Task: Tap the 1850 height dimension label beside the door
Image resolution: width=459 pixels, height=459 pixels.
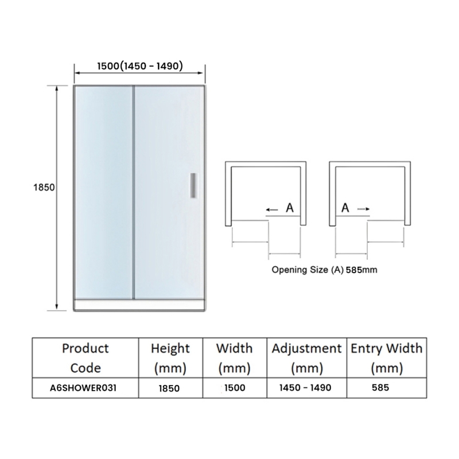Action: tap(44, 188)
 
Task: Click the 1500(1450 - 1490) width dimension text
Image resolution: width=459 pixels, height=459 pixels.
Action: tap(140, 66)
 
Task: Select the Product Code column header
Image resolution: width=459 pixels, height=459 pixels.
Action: tap(85, 358)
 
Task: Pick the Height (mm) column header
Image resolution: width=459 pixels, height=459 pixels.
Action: tap(170, 358)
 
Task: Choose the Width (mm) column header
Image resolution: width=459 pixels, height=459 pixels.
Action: tap(235, 358)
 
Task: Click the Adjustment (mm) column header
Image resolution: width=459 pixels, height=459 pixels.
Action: tap(307, 358)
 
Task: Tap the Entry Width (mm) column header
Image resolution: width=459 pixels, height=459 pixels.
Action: tap(387, 358)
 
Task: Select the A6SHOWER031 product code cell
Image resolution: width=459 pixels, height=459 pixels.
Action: tap(83, 388)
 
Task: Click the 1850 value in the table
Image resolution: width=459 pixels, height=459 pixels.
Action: tap(169, 388)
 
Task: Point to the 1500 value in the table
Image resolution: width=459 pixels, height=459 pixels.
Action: tap(235, 388)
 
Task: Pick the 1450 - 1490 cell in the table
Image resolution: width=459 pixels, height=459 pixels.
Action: tap(305, 388)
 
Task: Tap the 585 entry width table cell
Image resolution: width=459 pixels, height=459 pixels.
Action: tap(380, 388)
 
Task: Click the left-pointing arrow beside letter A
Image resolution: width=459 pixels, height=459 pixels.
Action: tap(272, 209)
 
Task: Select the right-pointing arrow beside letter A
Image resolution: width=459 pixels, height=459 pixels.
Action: tap(364, 209)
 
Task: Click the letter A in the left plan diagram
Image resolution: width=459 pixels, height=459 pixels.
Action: tap(290, 208)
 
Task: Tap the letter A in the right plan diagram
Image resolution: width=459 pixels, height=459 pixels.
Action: tap(345, 208)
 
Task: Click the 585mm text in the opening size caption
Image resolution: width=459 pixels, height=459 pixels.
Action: tap(361, 270)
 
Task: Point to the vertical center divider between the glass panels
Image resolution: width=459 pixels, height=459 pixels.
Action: tap(134, 192)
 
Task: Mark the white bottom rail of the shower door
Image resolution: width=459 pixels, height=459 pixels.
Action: tap(139, 305)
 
